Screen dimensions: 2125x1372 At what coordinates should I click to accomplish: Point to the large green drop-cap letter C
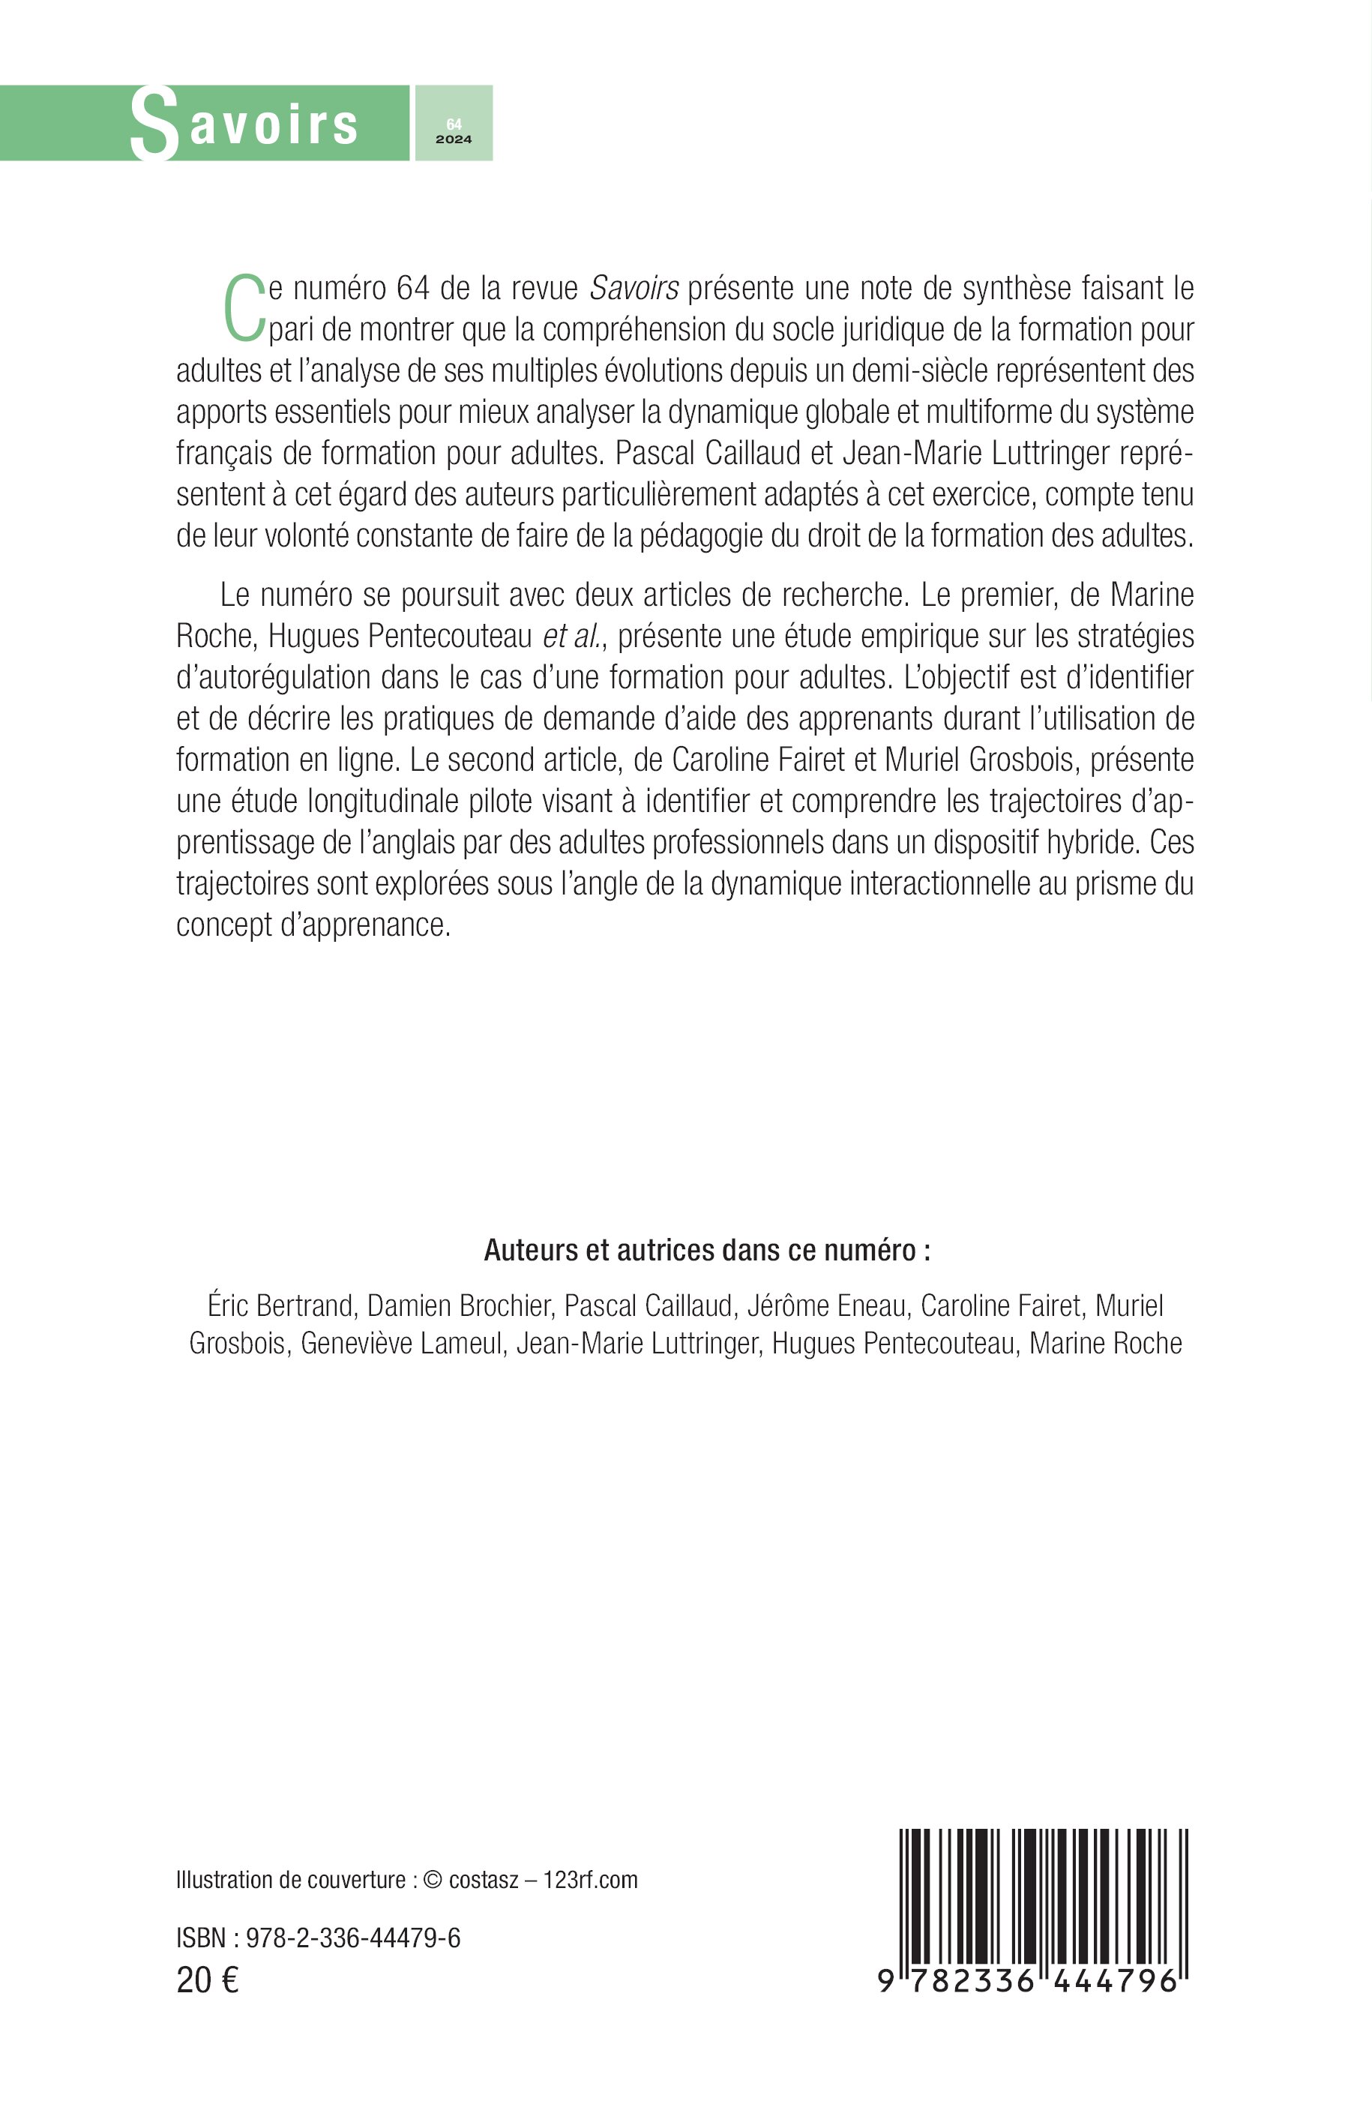(243, 308)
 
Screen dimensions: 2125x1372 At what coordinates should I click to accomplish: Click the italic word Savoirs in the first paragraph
(634, 289)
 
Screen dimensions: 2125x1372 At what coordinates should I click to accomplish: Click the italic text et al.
(572, 636)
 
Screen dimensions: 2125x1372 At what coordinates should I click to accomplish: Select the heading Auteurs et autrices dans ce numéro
(706, 1250)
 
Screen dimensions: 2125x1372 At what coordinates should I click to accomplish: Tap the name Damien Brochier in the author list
(459, 1305)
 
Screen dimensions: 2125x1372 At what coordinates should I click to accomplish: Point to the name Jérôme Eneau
(826, 1305)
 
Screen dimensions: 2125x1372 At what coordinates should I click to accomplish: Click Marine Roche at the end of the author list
(1105, 1343)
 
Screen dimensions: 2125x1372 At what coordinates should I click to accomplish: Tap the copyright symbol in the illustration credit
(433, 1880)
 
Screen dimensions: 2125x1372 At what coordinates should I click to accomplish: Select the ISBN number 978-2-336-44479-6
(353, 1938)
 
